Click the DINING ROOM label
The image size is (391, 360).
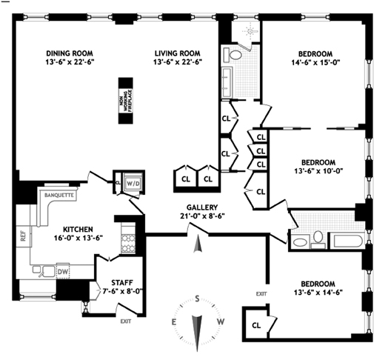click(x=70, y=53)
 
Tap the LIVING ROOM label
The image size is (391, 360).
click(x=177, y=53)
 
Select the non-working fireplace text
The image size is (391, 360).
click(x=126, y=101)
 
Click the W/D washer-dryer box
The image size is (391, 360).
click(x=133, y=184)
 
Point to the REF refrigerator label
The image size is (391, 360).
click(x=23, y=236)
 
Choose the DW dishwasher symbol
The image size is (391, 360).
click(x=63, y=271)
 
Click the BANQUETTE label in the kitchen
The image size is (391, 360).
click(x=59, y=195)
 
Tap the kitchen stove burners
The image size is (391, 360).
click(x=128, y=243)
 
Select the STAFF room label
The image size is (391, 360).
click(x=122, y=283)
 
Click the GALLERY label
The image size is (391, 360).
click(x=202, y=207)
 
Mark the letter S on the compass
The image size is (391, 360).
click(x=197, y=299)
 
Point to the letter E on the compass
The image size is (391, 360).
click(x=174, y=322)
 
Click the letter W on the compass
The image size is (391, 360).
click(x=221, y=321)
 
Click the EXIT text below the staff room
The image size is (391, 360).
click(x=126, y=321)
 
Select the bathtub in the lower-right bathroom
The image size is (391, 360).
click(x=347, y=241)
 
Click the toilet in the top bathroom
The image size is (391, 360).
click(x=233, y=55)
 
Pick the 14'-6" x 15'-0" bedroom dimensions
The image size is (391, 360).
click(x=315, y=62)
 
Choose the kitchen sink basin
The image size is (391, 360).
click(x=48, y=271)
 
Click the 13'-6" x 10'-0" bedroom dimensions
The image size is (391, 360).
click(x=318, y=171)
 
